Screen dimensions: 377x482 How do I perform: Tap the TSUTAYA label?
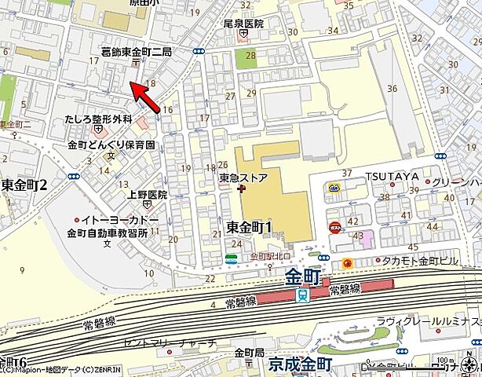click(x=389, y=176)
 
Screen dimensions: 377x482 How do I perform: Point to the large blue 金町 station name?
click(x=303, y=277)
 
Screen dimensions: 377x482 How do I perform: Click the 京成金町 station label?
click(x=300, y=364)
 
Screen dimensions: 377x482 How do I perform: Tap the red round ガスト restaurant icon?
click(x=334, y=226)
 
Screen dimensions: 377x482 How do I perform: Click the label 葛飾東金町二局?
click(x=137, y=51)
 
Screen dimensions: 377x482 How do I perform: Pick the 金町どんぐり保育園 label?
click(x=111, y=145)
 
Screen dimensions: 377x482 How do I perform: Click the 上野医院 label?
click(x=147, y=194)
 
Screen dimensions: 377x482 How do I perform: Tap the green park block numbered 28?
click(x=250, y=56)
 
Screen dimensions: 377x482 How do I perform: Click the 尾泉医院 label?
click(x=243, y=24)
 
